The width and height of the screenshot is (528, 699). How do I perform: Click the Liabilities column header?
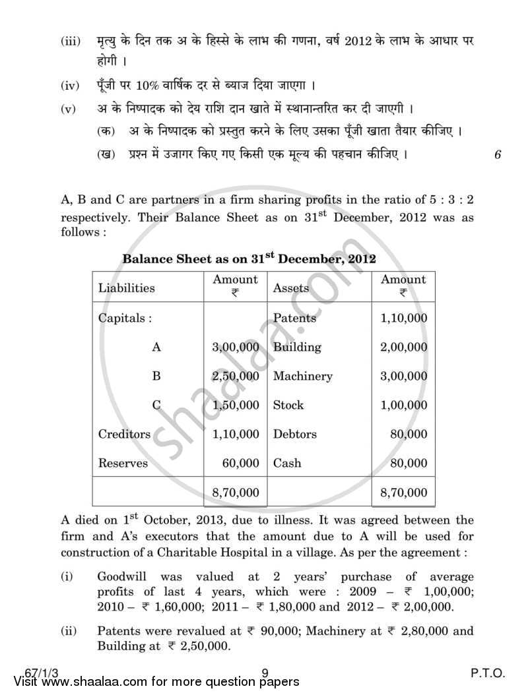(x=127, y=288)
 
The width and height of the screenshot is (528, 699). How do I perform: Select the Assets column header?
(x=290, y=288)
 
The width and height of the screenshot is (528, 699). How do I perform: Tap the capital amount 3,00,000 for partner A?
(x=236, y=347)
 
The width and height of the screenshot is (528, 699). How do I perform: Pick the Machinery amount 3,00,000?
(x=403, y=376)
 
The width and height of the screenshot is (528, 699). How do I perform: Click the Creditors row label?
(x=124, y=434)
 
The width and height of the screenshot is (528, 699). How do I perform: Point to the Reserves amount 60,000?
(x=241, y=463)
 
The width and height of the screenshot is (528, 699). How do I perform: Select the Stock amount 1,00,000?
(x=403, y=405)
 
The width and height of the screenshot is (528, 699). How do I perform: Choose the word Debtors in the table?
(x=294, y=434)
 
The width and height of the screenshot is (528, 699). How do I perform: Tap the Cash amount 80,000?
(x=409, y=463)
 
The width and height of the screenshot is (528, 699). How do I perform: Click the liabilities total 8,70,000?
(x=236, y=492)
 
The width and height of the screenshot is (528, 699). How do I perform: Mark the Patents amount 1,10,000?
(x=403, y=318)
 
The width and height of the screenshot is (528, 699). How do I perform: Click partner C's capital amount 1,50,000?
(x=236, y=405)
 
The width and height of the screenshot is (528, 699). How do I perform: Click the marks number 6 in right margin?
(x=498, y=155)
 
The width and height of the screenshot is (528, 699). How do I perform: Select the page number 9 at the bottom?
(x=264, y=673)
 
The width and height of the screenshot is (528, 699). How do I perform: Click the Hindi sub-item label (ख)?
(x=104, y=155)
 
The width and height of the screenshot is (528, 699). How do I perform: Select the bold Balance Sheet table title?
(x=249, y=258)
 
